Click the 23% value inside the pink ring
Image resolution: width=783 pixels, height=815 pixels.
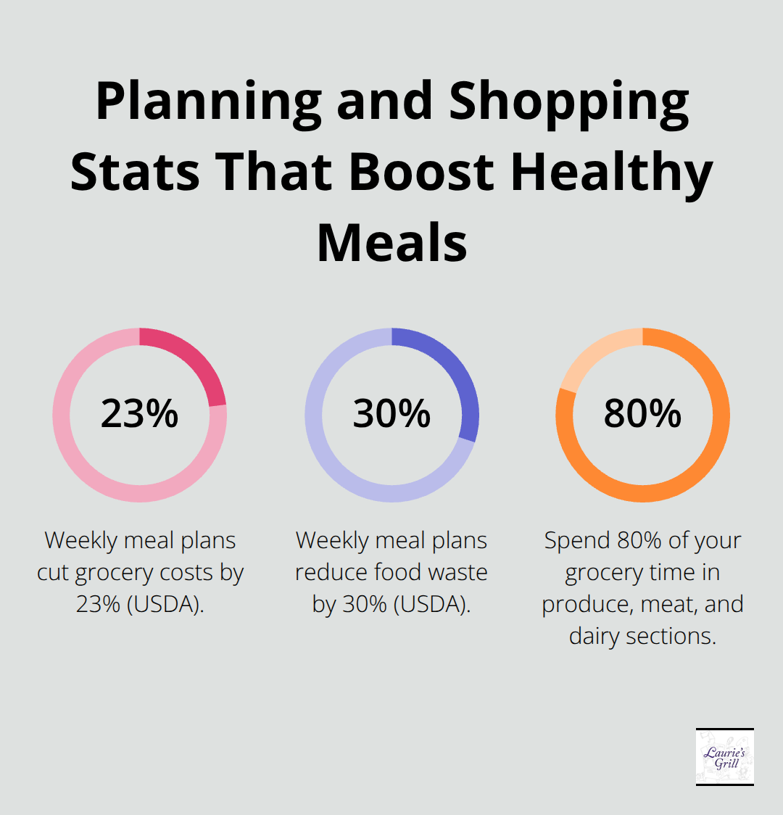tap(139, 414)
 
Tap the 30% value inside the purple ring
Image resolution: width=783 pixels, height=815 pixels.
tap(391, 414)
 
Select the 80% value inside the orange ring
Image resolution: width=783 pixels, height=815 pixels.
tap(642, 414)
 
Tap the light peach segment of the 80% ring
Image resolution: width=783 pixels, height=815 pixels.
tap(591, 359)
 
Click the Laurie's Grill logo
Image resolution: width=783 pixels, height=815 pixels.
tap(724, 757)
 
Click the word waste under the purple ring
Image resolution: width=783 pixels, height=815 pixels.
tap(457, 573)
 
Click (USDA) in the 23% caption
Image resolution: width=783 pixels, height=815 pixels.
tap(165, 605)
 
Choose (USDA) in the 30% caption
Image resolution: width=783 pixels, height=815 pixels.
tap(431, 605)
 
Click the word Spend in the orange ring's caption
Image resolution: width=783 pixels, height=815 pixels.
tap(577, 541)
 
